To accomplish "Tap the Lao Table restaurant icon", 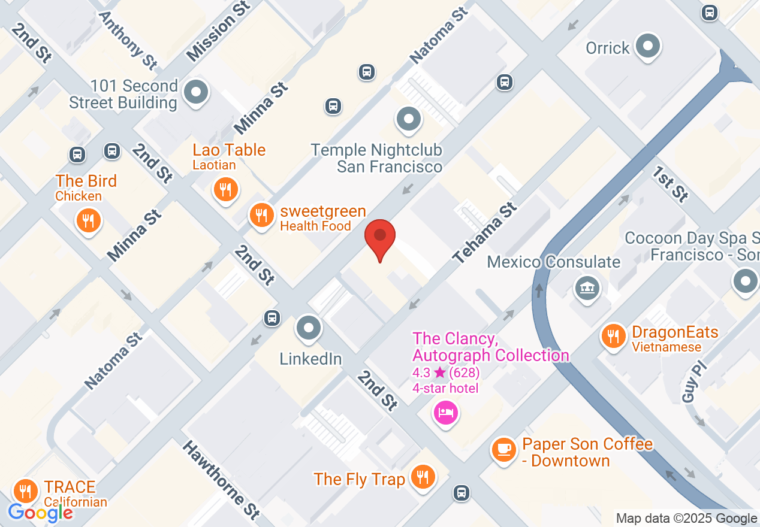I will (x=226, y=190).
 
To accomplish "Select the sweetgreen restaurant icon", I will (x=261, y=214).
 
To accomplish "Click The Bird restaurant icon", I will (x=88, y=220).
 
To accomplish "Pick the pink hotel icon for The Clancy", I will (x=446, y=413).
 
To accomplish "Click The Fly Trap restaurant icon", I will (x=423, y=477).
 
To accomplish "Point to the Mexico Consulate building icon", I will (x=587, y=289).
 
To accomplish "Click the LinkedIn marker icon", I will (x=309, y=328).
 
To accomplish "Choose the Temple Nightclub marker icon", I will (x=409, y=119).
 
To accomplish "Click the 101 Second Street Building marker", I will (x=195, y=93).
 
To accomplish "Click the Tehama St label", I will (x=484, y=233).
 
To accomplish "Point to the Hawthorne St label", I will (x=221, y=479).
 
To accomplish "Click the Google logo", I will (x=40, y=512).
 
